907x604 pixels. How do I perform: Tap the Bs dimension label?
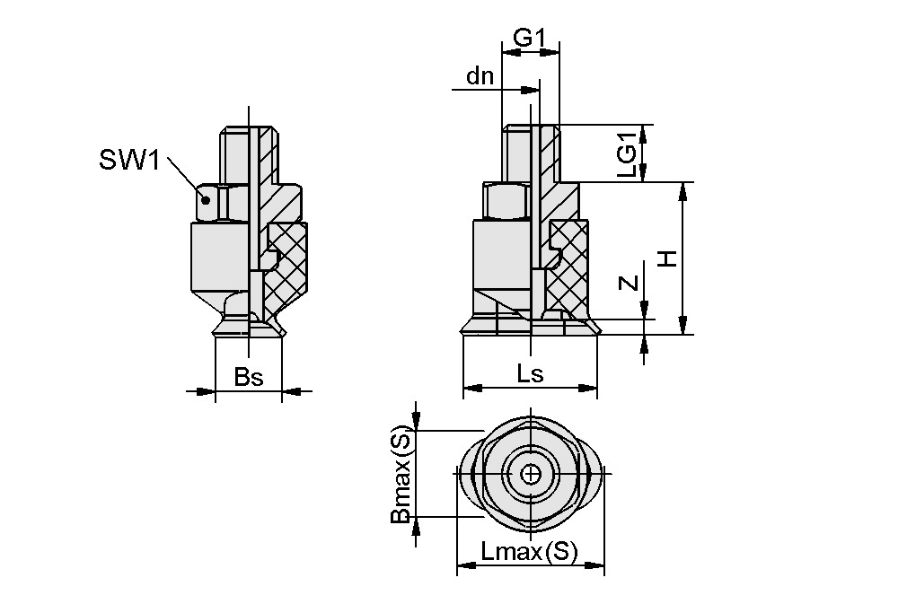(x=249, y=377)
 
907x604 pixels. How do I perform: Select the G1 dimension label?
(x=530, y=38)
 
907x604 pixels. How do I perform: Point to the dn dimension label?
(x=480, y=76)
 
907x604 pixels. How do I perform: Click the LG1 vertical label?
(x=630, y=153)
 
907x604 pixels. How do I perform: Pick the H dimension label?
(x=666, y=258)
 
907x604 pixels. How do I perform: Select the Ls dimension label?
(x=530, y=374)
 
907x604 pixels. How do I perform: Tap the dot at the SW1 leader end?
(x=206, y=198)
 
